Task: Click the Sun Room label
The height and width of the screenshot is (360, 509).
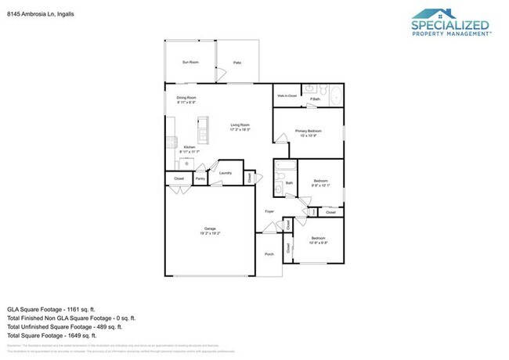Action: (x=190, y=62)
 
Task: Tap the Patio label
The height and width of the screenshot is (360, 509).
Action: (x=236, y=63)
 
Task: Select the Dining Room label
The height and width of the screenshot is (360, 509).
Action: (x=185, y=98)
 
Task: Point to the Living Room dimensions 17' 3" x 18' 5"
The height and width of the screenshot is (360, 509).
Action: (x=240, y=130)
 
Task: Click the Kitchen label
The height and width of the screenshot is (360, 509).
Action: (x=189, y=147)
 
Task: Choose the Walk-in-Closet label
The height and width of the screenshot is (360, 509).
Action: (x=287, y=95)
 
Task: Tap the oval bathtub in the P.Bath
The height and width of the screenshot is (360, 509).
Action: (x=334, y=97)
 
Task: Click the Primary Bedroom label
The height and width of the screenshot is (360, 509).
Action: (x=308, y=131)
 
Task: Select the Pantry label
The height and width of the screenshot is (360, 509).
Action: (x=200, y=178)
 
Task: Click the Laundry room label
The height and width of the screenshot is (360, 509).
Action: (x=225, y=173)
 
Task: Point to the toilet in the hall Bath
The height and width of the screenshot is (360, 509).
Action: (x=280, y=189)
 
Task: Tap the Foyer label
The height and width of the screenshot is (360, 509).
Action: (x=269, y=211)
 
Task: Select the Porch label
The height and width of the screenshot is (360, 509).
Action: (x=269, y=254)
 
